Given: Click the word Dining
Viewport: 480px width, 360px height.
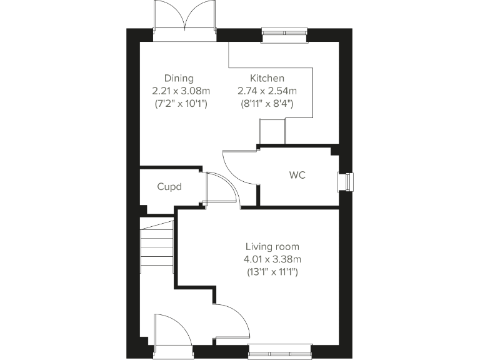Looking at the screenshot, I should [x=179, y=78].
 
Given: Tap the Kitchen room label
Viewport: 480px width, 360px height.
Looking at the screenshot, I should [x=267, y=78].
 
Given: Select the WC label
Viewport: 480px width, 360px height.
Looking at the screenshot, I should [x=297, y=176].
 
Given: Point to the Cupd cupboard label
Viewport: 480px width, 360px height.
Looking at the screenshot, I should [x=169, y=186].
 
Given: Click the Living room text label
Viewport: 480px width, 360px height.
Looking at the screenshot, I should [x=272, y=246].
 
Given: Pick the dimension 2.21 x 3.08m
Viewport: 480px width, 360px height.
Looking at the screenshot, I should [x=179, y=91].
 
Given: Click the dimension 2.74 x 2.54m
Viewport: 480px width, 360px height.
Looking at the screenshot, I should [x=267, y=91].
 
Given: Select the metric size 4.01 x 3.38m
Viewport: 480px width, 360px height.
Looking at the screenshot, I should [x=272, y=259].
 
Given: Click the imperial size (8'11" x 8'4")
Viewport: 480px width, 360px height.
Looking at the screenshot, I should [x=267, y=103].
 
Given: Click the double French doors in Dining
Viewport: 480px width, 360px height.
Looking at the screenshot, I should [x=185, y=20].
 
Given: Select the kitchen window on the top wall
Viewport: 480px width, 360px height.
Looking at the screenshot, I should [x=284, y=35].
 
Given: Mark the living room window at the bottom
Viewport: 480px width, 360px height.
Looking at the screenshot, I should [x=279, y=351].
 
